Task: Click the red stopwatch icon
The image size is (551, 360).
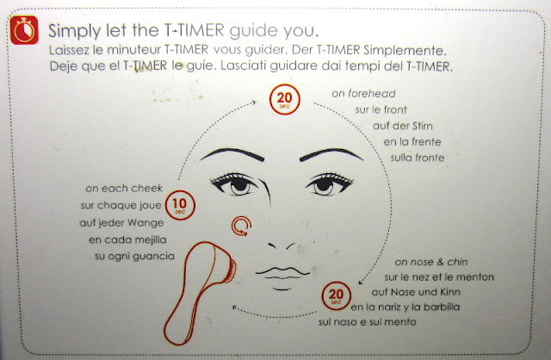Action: (x=24, y=30)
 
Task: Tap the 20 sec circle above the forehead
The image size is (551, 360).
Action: (x=285, y=100)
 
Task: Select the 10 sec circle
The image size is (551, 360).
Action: (x=180, y=205)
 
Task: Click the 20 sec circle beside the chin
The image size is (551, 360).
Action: (x=336, y=295)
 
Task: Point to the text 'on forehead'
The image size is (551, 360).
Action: (x=363, y=94)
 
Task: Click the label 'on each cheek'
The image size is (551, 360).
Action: (x=124, y=189)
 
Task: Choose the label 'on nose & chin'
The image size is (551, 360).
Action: (x=431, y=262)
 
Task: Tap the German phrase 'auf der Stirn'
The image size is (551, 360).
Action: (x=403, y=126)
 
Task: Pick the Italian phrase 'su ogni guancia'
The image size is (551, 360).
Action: (x=134, y=257)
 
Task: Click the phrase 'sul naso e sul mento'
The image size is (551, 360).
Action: (x=368, y=322)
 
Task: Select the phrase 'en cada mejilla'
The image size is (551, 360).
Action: (x=127, y=240)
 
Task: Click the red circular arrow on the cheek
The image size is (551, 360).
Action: (x=241, y=226)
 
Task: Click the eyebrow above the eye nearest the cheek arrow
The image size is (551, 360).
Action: (x=232, y=154)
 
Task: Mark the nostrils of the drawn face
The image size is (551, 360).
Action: (x=282, y=245)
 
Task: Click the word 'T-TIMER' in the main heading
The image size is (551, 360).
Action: (x=194, y=30)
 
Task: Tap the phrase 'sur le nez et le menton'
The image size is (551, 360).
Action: (x=439, y=277)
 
